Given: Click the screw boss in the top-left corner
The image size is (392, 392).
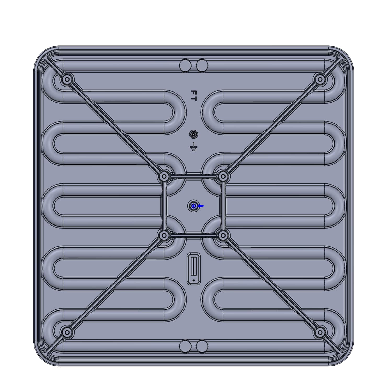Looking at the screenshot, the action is pos(67,79).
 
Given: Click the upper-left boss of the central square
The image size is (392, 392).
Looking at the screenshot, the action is pos(164,177).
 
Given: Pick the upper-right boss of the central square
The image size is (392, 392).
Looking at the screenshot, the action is pos(223,177).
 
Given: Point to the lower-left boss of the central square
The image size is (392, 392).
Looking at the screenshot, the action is pos(164,236).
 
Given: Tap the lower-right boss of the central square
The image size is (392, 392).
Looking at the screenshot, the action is pos(223,236).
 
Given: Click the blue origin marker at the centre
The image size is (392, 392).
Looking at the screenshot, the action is pos(194,206).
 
